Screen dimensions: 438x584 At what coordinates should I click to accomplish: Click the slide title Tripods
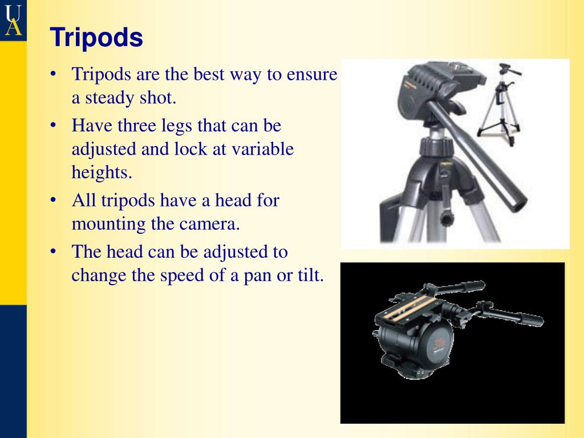pos(96,38)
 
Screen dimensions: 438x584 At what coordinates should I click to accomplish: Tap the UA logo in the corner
pos(13,19)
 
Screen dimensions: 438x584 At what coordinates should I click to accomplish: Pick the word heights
pos(102,172)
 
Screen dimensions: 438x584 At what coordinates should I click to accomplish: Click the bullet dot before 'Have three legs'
pos(52,125)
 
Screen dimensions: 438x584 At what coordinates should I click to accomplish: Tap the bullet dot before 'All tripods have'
pos(52,200)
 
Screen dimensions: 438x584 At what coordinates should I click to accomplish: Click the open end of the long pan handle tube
pos(517,203)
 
